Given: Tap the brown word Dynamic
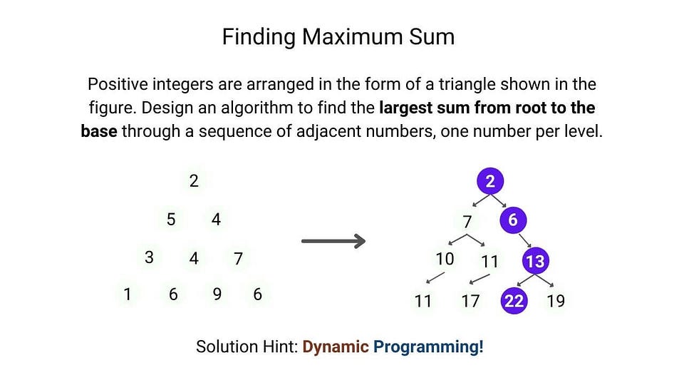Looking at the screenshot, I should [335, 347].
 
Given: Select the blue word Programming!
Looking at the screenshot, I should [428, 347].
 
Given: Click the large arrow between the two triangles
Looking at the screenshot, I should [333, 241].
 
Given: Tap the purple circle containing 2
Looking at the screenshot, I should [489, 181].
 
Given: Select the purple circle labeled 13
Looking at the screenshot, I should [534, 261].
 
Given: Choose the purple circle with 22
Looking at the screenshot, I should [513, 301].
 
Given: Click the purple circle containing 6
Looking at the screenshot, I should [512, 220].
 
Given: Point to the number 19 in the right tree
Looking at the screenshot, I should [555, 301].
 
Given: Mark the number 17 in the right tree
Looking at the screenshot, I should [470, 301].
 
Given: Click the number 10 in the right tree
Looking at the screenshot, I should [445, 259].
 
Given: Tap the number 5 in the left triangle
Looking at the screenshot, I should [171, 220].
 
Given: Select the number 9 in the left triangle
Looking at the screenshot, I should [217, 294].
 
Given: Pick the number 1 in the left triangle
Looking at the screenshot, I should [128, 294].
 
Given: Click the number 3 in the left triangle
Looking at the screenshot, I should [149, 257].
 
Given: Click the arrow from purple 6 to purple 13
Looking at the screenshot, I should [524, 240].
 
